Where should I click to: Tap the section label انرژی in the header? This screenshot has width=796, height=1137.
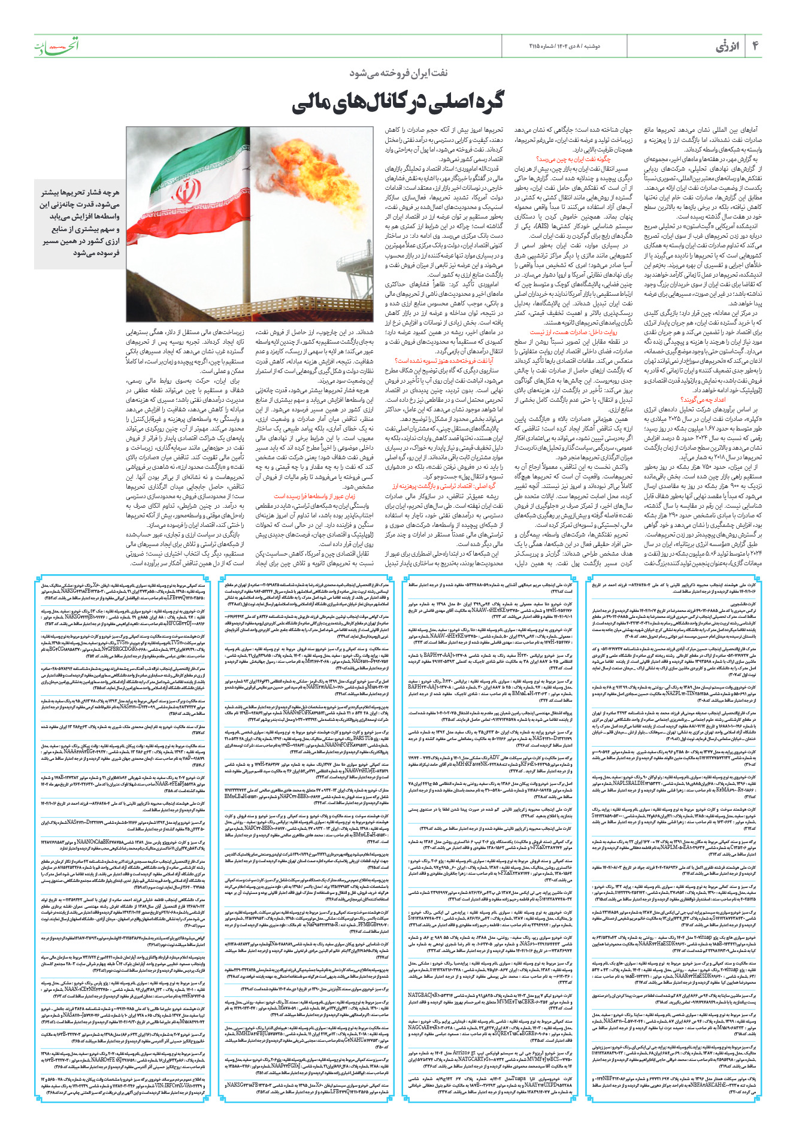(728, 47)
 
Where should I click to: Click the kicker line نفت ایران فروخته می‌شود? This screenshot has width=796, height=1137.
(398, 73)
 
